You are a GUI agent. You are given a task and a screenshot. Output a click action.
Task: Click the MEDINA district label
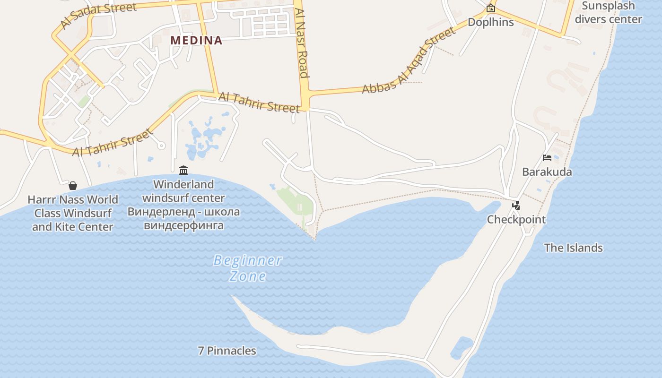tap(196, 40)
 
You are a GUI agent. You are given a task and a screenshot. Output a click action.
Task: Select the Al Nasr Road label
tap(302, 43)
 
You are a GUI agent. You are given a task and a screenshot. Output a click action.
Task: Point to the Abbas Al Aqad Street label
tap(409, 60)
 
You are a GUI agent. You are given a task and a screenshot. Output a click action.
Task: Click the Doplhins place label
tap(491, 22)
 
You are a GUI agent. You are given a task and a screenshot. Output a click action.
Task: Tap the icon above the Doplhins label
tap(491, 8)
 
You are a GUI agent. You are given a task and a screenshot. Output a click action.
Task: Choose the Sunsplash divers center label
tap(608, 13)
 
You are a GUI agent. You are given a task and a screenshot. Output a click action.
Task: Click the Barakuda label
tap(547, 172)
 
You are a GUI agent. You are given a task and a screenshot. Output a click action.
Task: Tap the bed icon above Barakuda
tap(547, 158)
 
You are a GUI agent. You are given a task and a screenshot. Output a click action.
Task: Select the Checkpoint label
tap(516, 220)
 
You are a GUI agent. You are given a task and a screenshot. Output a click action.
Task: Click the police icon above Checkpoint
tap(516, 206)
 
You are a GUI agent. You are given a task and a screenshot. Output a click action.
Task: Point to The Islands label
tap(573, 248)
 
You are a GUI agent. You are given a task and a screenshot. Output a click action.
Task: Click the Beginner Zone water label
tap(248, 268)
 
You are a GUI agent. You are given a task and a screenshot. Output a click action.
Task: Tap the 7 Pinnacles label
tap(227, 351)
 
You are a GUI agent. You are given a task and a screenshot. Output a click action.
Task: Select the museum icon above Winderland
tap(183, 170)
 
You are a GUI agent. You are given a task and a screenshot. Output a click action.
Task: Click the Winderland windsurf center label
tap(183, 191)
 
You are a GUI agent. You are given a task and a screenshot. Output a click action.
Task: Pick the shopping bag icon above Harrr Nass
tap(73, 185)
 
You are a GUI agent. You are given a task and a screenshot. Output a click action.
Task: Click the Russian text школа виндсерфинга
tap(183, 218)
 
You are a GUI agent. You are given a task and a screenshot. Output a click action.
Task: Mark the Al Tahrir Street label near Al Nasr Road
tap(259, 103)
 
